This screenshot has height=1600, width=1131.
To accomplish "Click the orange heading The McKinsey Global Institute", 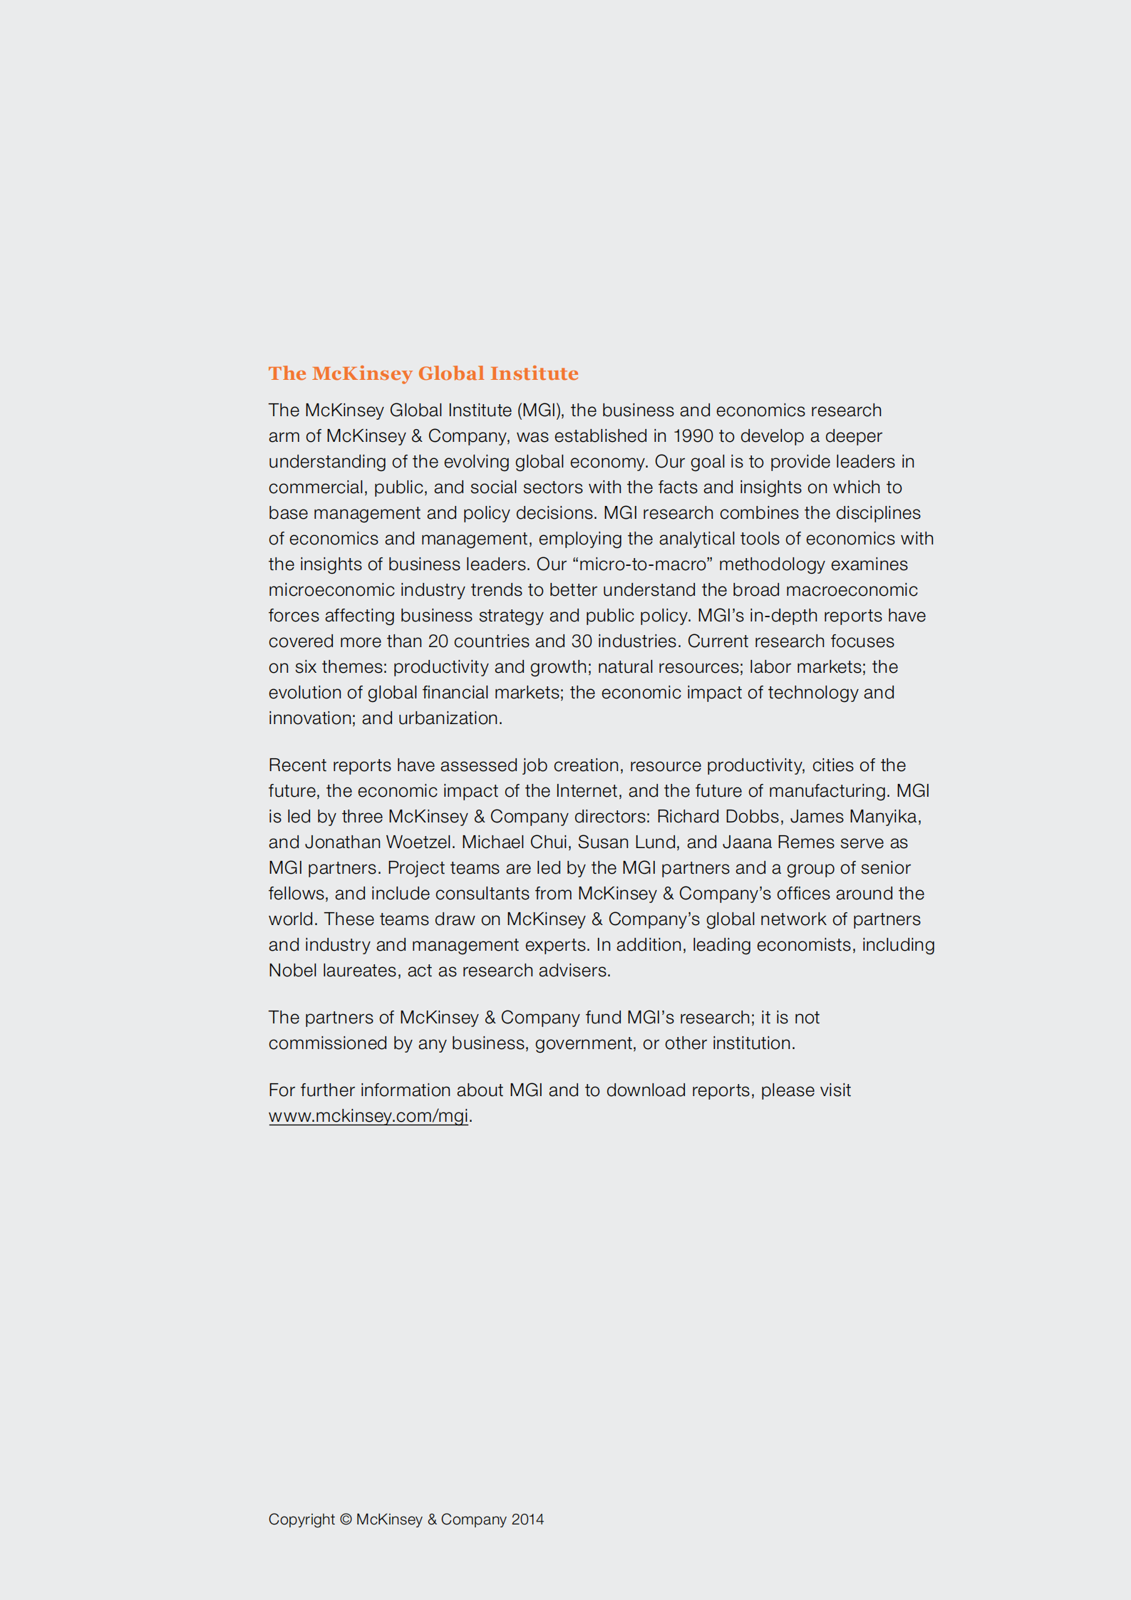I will [x=423, y=373].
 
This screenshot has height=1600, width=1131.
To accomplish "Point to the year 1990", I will [x=693, y=436].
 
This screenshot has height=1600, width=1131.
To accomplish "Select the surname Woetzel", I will [x=419, y=842].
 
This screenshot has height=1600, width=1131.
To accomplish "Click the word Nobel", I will [x=292, y=971].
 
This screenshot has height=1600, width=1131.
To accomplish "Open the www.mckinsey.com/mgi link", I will [x=368, y=1116].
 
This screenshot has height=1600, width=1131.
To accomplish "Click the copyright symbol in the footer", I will [x=346, y=1519].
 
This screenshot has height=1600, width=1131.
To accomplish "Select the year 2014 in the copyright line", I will [x=527, y=1519].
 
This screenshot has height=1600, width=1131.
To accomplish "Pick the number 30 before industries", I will [x=582, y=641].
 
